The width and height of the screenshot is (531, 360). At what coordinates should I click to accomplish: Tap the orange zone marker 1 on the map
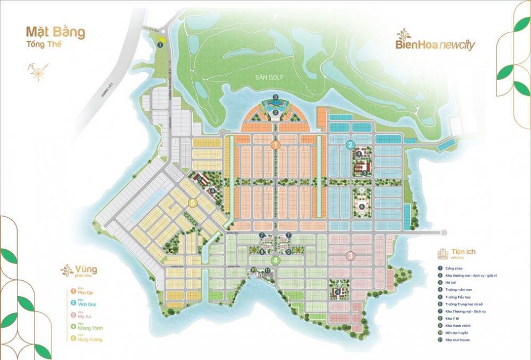point(276,144)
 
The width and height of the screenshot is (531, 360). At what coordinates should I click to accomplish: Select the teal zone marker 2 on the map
point(350,144)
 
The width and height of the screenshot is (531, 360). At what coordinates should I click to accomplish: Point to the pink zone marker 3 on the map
point(350,256)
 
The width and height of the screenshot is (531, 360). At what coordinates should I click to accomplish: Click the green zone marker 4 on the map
point(275,260)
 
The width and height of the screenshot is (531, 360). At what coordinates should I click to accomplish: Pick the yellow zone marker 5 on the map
point(193,202)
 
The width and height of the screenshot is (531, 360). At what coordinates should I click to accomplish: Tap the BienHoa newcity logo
point(435,42)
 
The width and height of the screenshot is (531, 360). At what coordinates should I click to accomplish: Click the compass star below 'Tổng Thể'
point(37,71)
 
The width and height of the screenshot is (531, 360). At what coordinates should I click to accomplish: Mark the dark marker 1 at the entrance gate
point(160,45)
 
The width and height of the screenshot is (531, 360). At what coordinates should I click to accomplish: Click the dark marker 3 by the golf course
point(275,97)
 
